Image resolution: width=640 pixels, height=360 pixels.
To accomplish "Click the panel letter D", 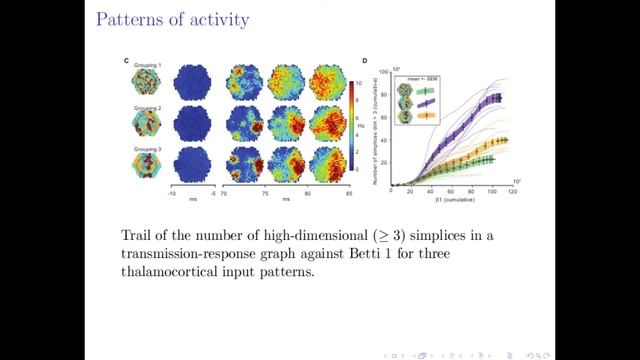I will click(365, 61).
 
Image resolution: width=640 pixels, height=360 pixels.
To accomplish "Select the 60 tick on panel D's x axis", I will click(458, 190).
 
